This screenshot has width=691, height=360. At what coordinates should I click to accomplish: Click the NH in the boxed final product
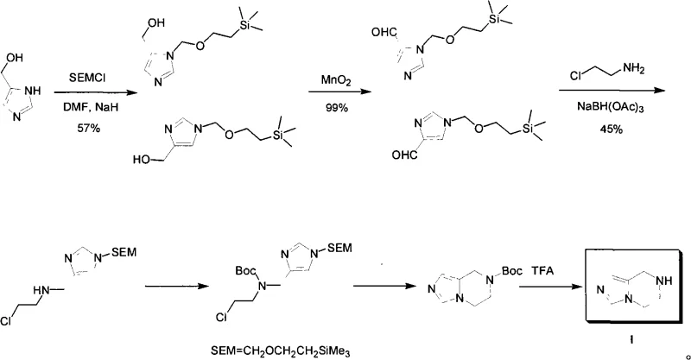point(657,278)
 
